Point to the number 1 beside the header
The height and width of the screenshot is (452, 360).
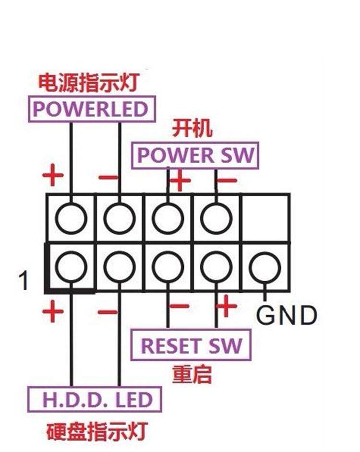click(23, 281)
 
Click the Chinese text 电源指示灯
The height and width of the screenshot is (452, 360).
click(88, 83)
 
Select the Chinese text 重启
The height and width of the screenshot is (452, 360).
click(192, 374)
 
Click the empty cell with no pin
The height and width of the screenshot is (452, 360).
click(265, 218)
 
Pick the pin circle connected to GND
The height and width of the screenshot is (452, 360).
click(264, 266)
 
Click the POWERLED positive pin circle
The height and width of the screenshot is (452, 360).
click(71, 219)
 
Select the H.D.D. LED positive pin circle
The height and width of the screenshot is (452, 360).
click(71, 267)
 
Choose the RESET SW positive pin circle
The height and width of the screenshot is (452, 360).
click(216, 267)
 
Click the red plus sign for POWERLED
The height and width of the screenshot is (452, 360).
click(53, 177)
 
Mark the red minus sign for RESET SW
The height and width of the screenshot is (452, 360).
click(179, 306)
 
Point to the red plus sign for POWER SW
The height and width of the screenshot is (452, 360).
click(180, 181)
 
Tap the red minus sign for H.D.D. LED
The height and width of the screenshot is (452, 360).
click(108, 312)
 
